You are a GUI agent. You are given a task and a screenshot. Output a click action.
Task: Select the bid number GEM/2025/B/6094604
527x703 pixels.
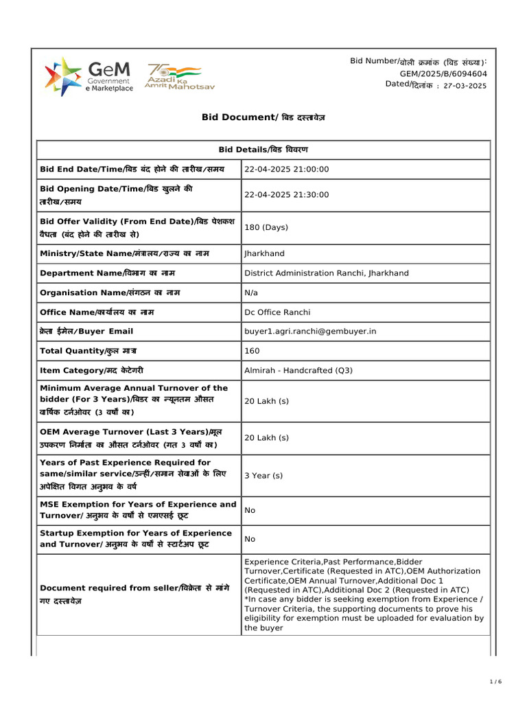coord(443,73)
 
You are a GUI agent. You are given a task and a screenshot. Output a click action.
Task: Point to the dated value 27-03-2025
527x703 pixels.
coord(465,86)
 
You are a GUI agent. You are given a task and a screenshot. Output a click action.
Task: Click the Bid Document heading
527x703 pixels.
coord(263,117)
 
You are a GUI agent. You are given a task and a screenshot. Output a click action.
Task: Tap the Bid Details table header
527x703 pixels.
coord(263,150)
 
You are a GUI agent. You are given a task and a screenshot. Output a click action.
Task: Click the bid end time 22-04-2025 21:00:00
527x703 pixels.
coord(287,170)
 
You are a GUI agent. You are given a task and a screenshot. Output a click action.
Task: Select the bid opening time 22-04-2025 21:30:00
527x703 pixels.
coord(287,195)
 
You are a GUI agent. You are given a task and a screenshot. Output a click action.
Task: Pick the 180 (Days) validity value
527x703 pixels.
coord(266,227)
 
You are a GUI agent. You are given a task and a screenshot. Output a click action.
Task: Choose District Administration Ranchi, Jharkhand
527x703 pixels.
coord(326,273)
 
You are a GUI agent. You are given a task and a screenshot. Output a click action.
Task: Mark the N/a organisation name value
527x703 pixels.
coord(251,292)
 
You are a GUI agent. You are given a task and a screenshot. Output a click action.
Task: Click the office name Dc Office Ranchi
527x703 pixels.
coord(277,312)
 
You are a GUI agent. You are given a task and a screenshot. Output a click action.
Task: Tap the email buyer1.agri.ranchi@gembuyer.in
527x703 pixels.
coord(310,331)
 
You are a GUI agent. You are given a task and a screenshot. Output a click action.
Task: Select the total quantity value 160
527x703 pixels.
coord(251,351)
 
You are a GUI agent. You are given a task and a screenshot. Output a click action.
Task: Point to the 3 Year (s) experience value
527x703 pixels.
coord(263,475)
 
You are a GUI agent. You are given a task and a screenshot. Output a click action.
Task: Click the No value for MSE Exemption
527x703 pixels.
coord(250,510)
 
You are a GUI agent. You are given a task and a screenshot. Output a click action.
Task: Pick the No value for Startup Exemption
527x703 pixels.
coord(250,539)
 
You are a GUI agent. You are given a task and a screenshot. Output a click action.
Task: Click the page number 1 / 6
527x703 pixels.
coord(495,681)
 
